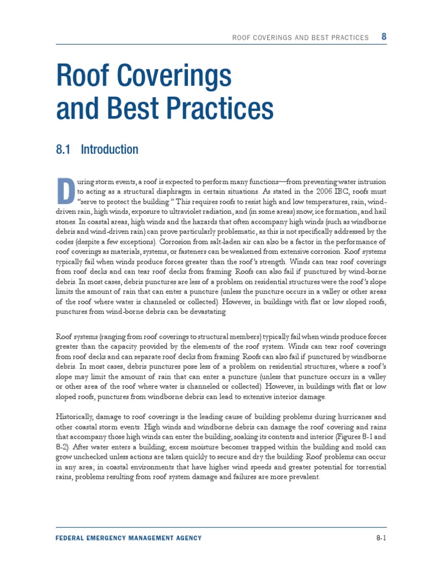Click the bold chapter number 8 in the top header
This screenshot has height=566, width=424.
(x=384, y=37)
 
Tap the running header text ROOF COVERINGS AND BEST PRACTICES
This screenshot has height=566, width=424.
(x=300, y=38)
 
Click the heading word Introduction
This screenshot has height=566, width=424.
(x=110, y=149)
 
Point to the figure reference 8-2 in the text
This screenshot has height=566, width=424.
(x=62, y=447)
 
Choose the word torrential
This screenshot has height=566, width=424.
(x=369, y=467)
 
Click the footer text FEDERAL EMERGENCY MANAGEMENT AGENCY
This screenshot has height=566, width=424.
(x=129, y=538)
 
